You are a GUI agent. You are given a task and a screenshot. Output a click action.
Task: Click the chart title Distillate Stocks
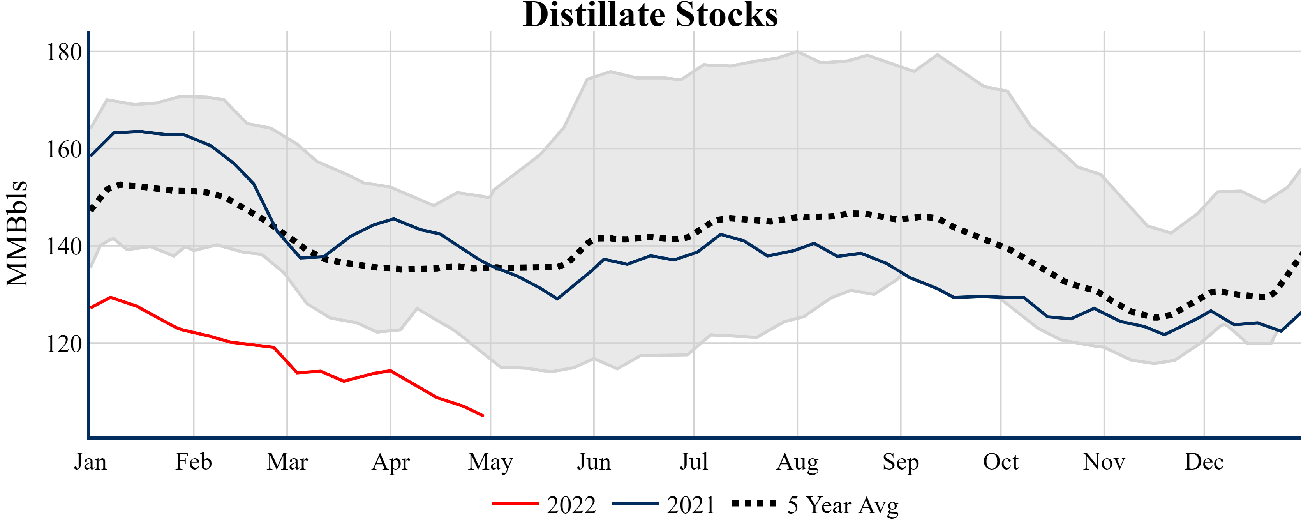pyautogui.click(x=650, y=15)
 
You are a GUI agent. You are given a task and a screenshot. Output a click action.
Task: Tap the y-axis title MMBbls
pyautogui.click(x=17, y=233)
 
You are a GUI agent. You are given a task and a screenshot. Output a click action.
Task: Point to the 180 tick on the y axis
pyautogui.click(x=64, y=52)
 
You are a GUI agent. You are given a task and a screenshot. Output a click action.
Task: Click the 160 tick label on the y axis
pyautogui.click(x=64, y=150)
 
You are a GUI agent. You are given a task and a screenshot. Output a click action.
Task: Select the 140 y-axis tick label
pyautogui.click(x=64, y=247)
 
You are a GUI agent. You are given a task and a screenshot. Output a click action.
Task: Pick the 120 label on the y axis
pyautogui.click(x=64, y=344)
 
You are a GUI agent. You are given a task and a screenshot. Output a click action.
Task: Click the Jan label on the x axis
pyautogui.click(x=90, y=462)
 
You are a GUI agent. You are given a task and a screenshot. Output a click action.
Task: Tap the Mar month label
pyautogui.click(x=287, y=462)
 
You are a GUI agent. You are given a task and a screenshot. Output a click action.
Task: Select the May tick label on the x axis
pyautogui.click(x=490, y=462)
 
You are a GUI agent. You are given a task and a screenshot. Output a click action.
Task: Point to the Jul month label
pyautogui.click(x=694, y=462)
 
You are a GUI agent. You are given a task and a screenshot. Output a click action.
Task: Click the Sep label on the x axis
pyautogui.click(x=901, y=462)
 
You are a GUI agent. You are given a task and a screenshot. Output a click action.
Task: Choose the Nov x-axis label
pyautogui.click(x=1104, y=462)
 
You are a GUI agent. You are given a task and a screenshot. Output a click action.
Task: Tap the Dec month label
pyautogui.click(x=1204, y=462)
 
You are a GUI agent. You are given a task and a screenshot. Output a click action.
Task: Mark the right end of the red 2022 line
pyautogui.click(x=483, y=416)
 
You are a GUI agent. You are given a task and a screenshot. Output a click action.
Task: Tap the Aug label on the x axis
pyautogui.click(x=797, y=462)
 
